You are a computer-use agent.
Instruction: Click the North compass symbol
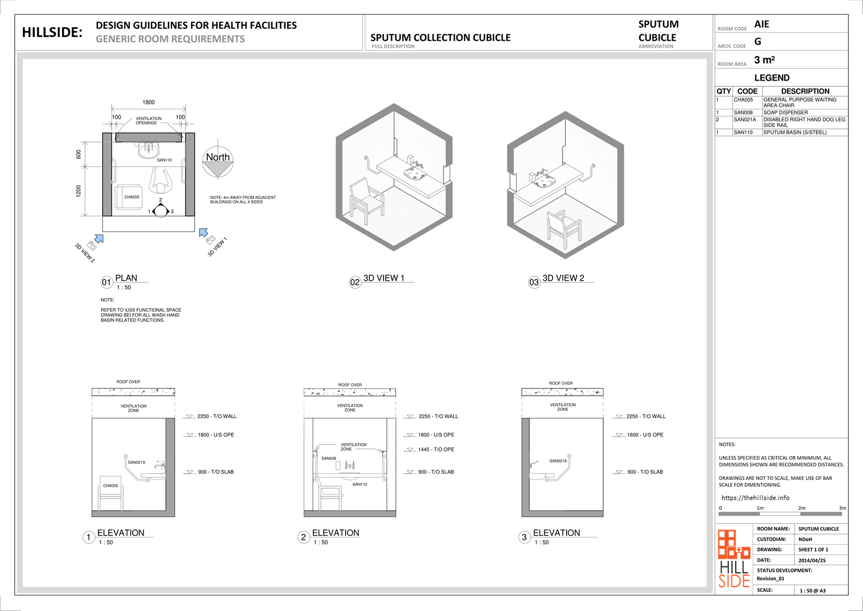coord(218,162)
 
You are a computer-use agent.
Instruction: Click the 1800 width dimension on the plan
coord(148,102)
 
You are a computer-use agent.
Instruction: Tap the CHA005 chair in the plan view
coord(129,198)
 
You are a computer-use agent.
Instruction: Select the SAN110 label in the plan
coord(164,160)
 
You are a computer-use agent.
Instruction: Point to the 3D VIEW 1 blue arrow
coord(203,232)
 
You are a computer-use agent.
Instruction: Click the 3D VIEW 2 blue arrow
coord(100,239)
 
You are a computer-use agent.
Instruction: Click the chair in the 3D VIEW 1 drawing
coord(366,200)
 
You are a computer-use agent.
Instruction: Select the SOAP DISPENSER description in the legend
coord(786,113)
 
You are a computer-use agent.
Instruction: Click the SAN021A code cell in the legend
coord(744,120)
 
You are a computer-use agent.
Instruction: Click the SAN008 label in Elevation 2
coord(328,458)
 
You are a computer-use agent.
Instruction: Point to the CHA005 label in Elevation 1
coord(110,486)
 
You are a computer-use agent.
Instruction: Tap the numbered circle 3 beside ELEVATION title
coord(524,537)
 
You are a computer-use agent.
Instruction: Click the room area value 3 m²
coord(765,60)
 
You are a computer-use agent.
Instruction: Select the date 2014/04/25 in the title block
coord(812,560)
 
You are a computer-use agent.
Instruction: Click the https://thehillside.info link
coord(755,498)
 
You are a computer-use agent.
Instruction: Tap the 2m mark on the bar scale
coord(802,508)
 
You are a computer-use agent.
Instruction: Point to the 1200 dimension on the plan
coord(79,191)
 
